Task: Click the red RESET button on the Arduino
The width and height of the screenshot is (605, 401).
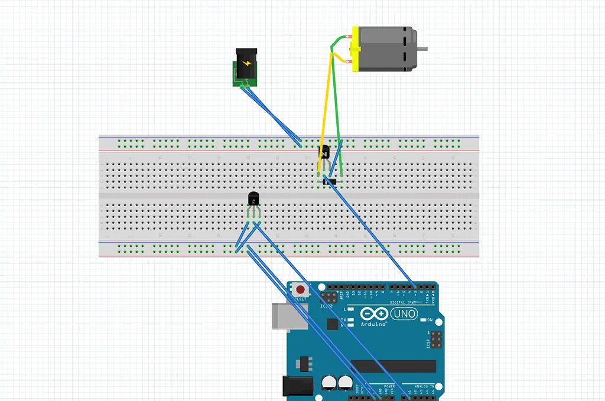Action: [x=301, y=290]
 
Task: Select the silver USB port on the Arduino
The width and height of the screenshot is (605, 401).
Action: [x=282, y=316]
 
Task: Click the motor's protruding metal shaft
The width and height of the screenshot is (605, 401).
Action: [x=422, y=49]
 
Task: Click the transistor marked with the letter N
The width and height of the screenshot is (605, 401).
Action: [x=324, y=152]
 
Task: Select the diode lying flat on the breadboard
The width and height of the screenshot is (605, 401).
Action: [x=331, y=181]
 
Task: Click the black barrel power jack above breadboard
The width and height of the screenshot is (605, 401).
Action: [x=245, y=65]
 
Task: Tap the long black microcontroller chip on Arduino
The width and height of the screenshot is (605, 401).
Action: [x=393, y=366]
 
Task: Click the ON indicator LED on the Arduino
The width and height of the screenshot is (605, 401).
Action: [x=430, y=320]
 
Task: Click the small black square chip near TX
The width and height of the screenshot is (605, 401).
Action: [x=332, y=324]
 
